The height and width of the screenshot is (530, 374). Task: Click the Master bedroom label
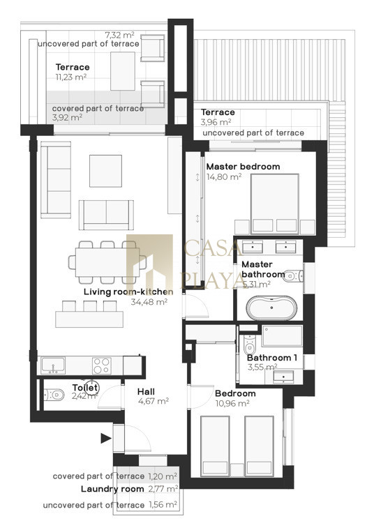tap(243, 167)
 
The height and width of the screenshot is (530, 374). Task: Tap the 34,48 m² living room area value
tap(149, 301)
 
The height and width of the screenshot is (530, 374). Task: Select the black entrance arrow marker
tap(106, 439)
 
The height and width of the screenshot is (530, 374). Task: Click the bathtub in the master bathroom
tap(271, 308)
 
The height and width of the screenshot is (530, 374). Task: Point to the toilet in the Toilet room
tap(54, 394)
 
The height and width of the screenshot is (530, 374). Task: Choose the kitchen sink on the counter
tap(53, 365)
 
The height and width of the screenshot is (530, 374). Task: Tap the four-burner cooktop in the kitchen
tap(101, 365)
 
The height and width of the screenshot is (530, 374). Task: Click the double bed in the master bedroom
tap(275, 204)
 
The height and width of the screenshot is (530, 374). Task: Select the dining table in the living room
tap(107, 262)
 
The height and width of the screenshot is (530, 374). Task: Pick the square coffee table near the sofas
tap(105, 171)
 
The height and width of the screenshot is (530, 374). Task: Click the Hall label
tap(146, 392)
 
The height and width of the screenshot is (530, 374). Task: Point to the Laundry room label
tap(112, 489)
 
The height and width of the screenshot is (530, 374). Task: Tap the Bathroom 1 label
tap(272, 358)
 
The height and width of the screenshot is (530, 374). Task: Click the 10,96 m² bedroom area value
tap(232, 403)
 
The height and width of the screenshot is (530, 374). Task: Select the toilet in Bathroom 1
tap(250, 344)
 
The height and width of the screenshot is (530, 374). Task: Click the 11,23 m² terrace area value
tap(71, 77)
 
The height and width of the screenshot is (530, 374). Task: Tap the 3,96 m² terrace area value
tap(216, 122)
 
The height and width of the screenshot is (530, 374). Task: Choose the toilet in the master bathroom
tap(292, 276)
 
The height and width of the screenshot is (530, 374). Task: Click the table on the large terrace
tap(123, 71)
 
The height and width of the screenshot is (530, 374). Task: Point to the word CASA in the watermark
tap(213, 248)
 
